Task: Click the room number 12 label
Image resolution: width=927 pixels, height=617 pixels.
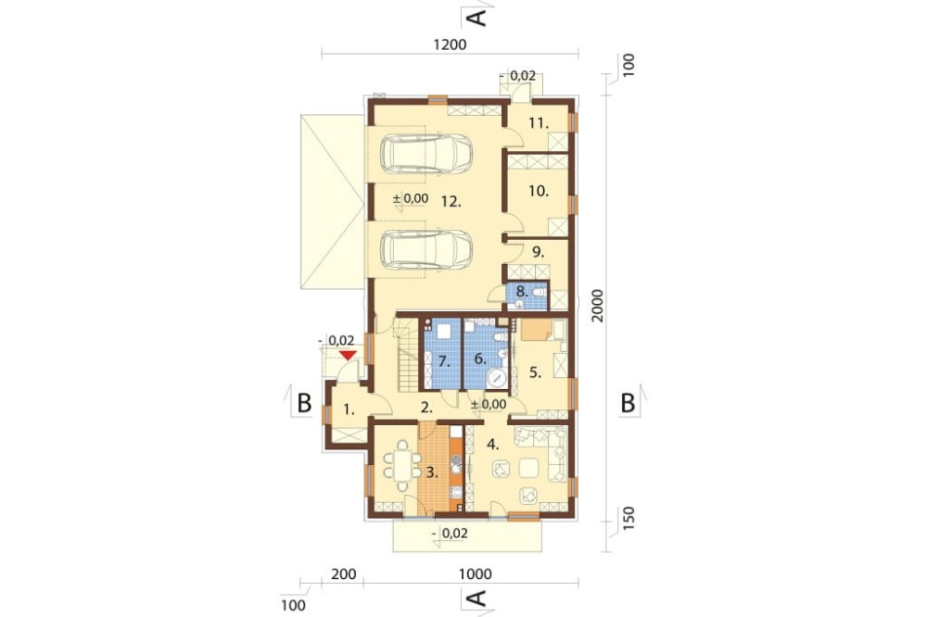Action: [x=451, y=202]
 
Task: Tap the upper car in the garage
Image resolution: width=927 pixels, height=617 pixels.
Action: [x=426, y=154]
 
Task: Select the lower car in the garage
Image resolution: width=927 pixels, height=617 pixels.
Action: [x=426, y=249]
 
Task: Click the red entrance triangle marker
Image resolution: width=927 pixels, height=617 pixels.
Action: [x=348, y=355]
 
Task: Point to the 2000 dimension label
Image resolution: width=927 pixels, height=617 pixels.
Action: [x=598, y=306]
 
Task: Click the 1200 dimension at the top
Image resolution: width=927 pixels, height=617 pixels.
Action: [x=450, y=44]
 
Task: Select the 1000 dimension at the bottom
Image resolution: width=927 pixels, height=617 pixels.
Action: [x=476, y=573]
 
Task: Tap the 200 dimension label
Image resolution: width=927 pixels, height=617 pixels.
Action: [x=344, y=573]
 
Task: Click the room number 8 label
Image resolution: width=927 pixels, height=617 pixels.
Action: [x=521, y=291]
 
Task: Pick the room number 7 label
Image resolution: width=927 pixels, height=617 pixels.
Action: [x=444, y=361]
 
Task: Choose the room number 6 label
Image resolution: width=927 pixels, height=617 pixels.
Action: [x=479, y=359]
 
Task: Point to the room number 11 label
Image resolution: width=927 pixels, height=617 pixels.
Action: [x=539, y=123]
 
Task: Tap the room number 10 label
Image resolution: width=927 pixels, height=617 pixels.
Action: [x=539, y=191]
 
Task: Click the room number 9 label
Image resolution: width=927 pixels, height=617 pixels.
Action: [x=538, y=252]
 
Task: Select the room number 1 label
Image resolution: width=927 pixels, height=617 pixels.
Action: [x=349, y=409]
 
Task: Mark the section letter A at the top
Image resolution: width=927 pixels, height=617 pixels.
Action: [x=476, y=17]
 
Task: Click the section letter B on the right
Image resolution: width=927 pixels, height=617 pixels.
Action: [x=628, y=403]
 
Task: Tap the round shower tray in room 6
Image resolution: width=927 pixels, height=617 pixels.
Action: [x=497, y=378]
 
